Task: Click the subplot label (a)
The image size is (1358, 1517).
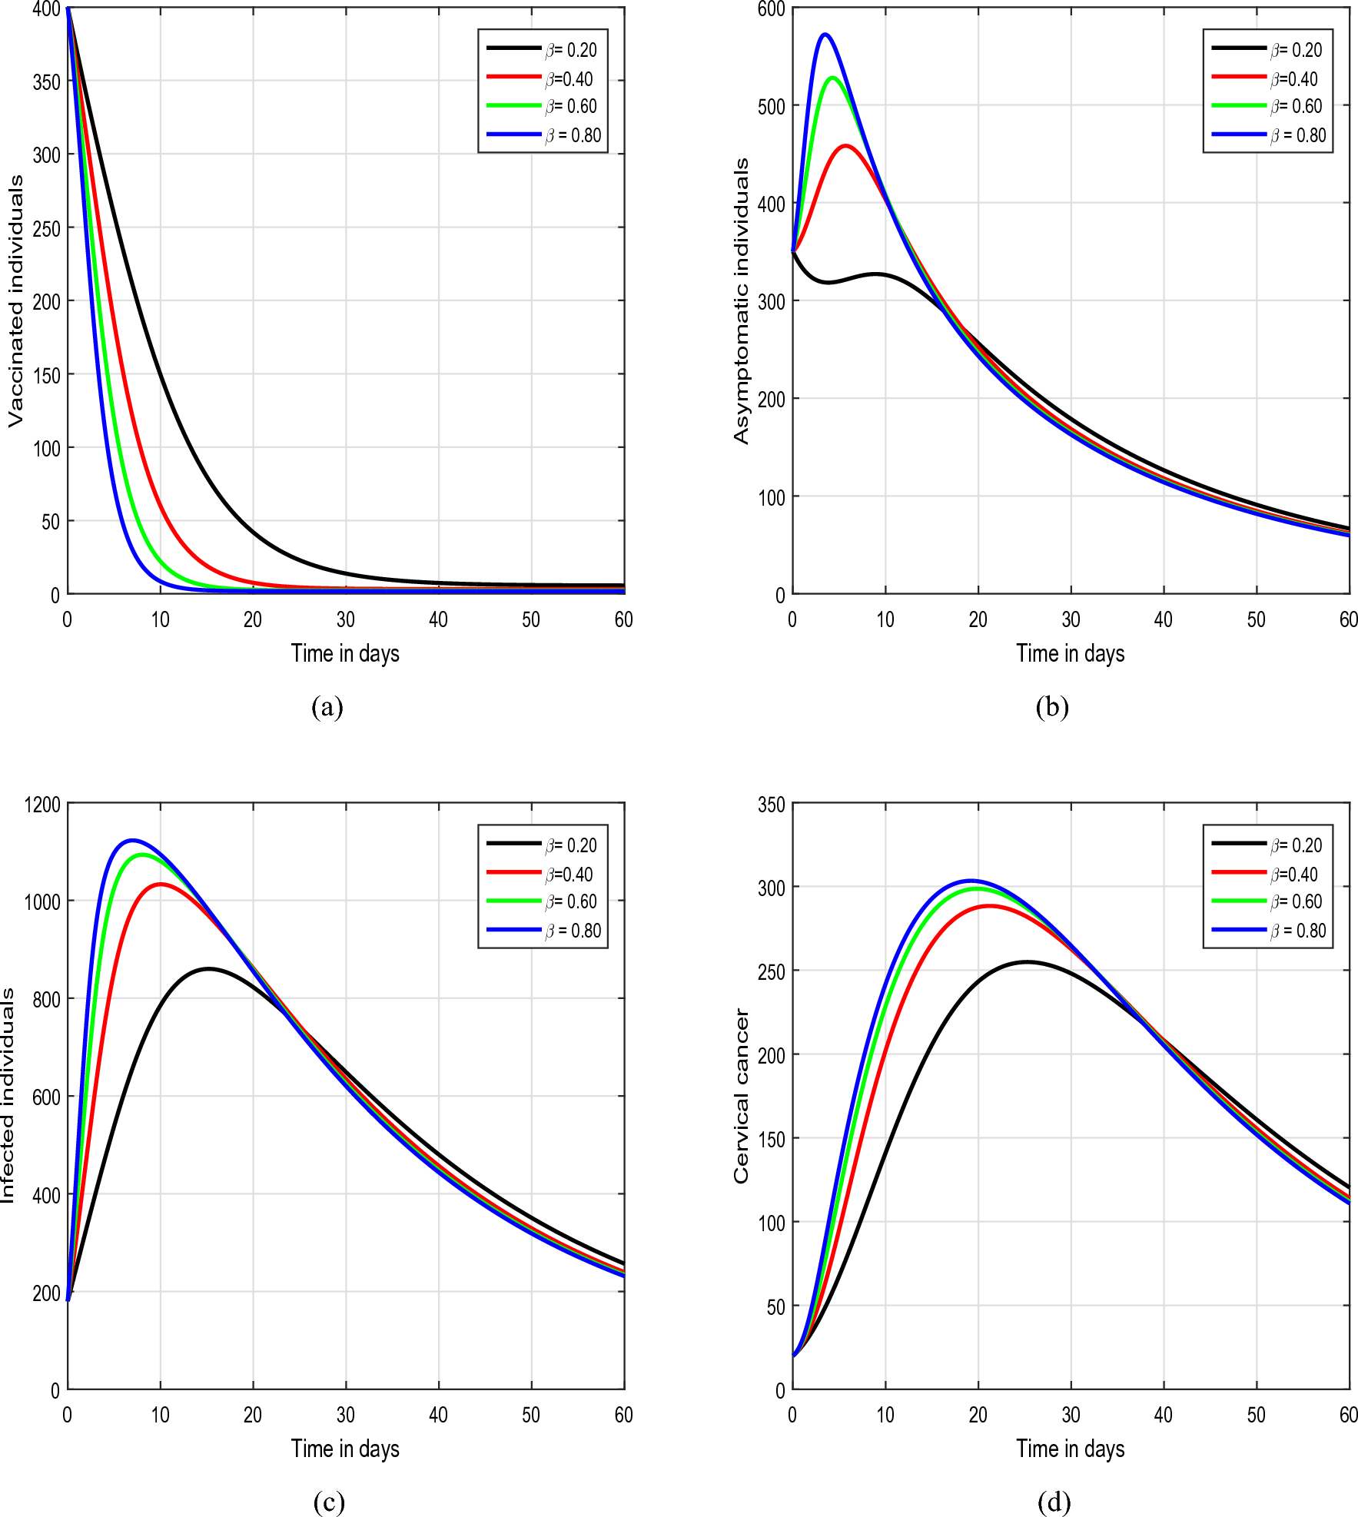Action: [327, 706]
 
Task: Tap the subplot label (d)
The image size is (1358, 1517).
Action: [1053, 1502]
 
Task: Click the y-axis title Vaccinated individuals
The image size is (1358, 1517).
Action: [15, 300]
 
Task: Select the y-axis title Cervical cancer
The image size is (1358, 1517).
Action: [741, 1097]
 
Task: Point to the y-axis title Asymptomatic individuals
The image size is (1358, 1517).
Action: [741, 300]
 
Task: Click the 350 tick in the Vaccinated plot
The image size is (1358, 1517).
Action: [46, 81]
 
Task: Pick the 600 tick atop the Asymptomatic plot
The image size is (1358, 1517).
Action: [771, 9]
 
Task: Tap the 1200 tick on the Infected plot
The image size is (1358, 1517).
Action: [42, 805]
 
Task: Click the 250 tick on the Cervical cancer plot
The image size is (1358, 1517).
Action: [771, 971]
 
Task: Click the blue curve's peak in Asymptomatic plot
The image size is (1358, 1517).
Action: [825, 35]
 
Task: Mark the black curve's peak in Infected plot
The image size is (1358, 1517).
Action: [208, 968]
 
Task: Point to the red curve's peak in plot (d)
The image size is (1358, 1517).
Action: [989, 906]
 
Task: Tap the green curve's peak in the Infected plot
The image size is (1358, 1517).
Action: [142, 855]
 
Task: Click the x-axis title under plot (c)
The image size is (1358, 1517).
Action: [345, 1449]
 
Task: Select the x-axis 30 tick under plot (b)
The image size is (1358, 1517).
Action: [1071, 619]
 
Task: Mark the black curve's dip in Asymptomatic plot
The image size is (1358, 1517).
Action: [828, 282]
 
